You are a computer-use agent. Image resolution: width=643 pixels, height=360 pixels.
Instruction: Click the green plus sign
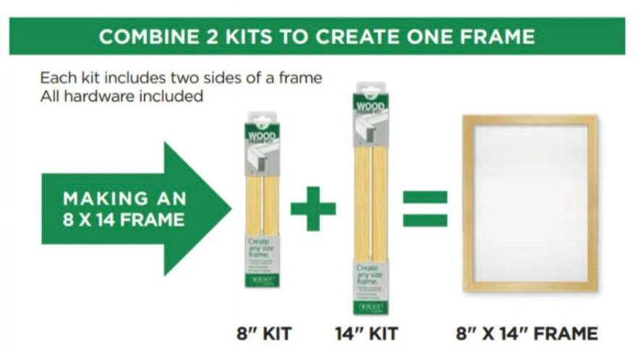pos(313,208)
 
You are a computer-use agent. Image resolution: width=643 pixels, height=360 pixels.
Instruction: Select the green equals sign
pos(425,208)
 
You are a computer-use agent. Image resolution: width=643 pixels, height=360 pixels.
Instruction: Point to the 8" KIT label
pos(264,334)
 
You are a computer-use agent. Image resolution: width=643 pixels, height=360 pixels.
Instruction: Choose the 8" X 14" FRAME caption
pos(527,334)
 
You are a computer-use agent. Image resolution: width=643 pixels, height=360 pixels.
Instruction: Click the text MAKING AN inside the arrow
pos(124,199)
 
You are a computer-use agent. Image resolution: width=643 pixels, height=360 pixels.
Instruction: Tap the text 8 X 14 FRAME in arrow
pos(124,220)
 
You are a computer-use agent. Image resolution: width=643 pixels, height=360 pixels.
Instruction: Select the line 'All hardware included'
pos(122,95)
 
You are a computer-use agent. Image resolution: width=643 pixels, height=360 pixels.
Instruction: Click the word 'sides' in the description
pos(234,77)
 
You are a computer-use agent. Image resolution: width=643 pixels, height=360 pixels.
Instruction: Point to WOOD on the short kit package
pos(262,136)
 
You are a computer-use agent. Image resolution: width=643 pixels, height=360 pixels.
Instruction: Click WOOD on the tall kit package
pos(370,107)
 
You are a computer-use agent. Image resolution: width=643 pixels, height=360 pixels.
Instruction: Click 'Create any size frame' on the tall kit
pos(370,276)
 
